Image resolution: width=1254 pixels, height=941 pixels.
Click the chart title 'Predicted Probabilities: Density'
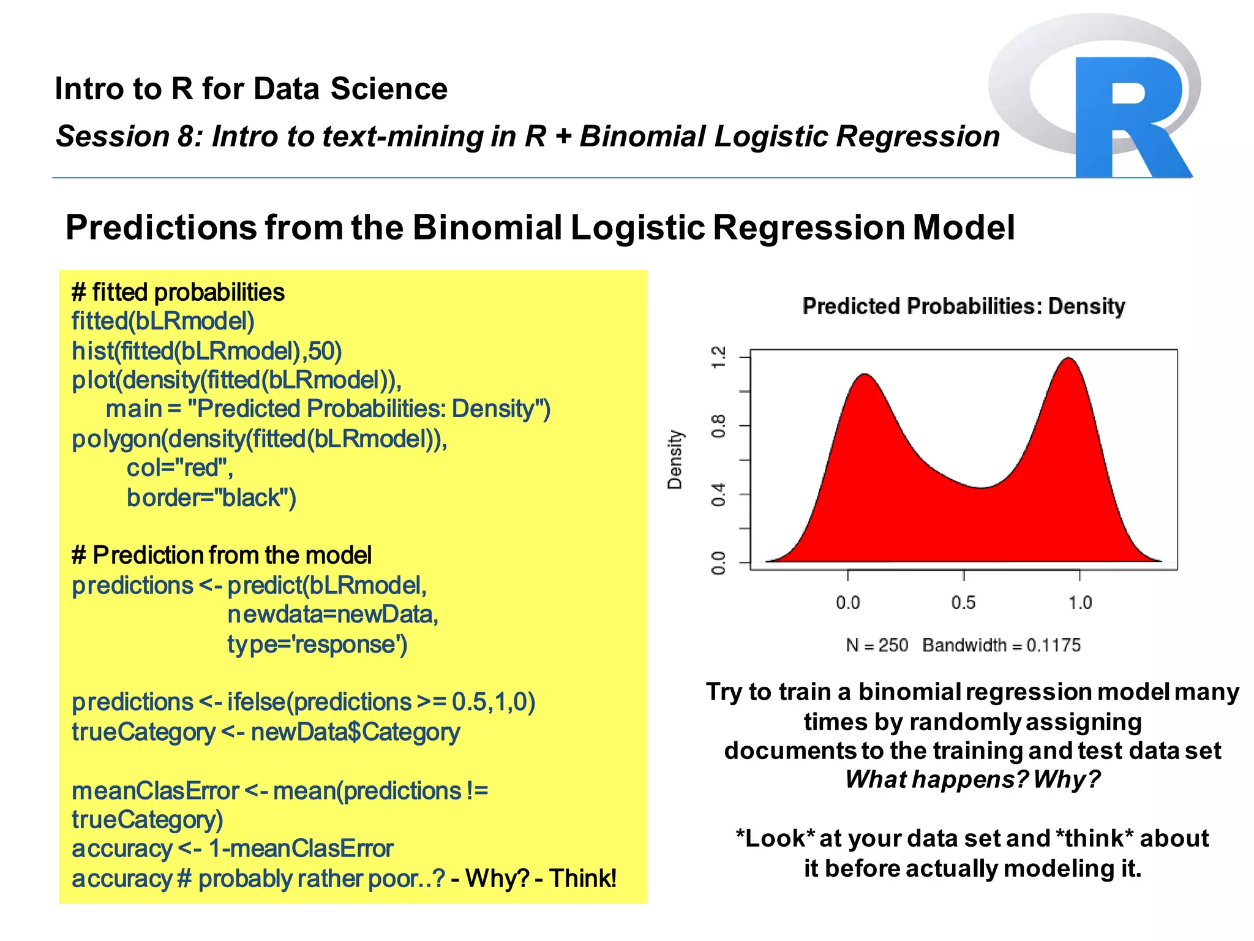pyautogui.click(x=963, y=306)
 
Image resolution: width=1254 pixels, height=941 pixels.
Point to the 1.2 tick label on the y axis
pyautogui.click(x=718, y=357)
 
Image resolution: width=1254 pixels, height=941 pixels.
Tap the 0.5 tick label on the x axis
pyautogui.click(x=963, y=603)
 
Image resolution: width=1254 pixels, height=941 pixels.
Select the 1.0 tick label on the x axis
pyautogui.click(x=1079, y=603)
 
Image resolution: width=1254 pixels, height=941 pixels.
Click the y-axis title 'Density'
pyautogui.click(x=674, y=459)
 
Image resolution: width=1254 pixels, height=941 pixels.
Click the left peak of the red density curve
pyautogui.click(x=865, y=375)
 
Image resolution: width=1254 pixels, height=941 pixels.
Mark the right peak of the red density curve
pyautogui.click(x=1069, y=359)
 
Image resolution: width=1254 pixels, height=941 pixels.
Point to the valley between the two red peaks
pyautogui.click(x=982, y=488)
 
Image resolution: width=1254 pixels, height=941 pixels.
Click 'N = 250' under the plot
pyautogui.click(x=877, y=645)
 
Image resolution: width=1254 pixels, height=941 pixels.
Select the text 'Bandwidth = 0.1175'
pyautogui.click(x=1001, y=645)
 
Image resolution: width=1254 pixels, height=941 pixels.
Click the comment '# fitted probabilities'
pyautogui.click(x=178, y=292)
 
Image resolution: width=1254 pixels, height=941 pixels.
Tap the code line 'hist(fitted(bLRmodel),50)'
pyautogui.click(x=206, y=351)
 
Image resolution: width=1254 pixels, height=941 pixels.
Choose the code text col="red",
pyautogui.click(x=179, y=468)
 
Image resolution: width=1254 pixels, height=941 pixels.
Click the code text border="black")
pyautogui.click(x=211, y=497)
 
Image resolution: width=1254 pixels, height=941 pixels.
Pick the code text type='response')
pyautogui.click(x=317, y=644)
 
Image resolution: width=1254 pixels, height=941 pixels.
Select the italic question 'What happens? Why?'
pyautogui.click(x=972, y=779)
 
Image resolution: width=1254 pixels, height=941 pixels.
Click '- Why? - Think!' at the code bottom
pyautogui.click(x=533, y=878)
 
